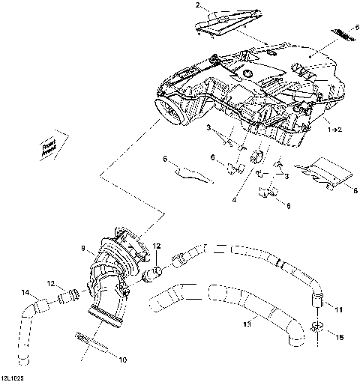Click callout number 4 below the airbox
tap(234, 200)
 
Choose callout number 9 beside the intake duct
tap(94, 247)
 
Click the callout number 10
tap(124, 360)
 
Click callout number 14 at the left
tap(25, 292)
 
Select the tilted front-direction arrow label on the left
tap(49, 145)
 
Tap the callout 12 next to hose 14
tap(51, 284)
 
